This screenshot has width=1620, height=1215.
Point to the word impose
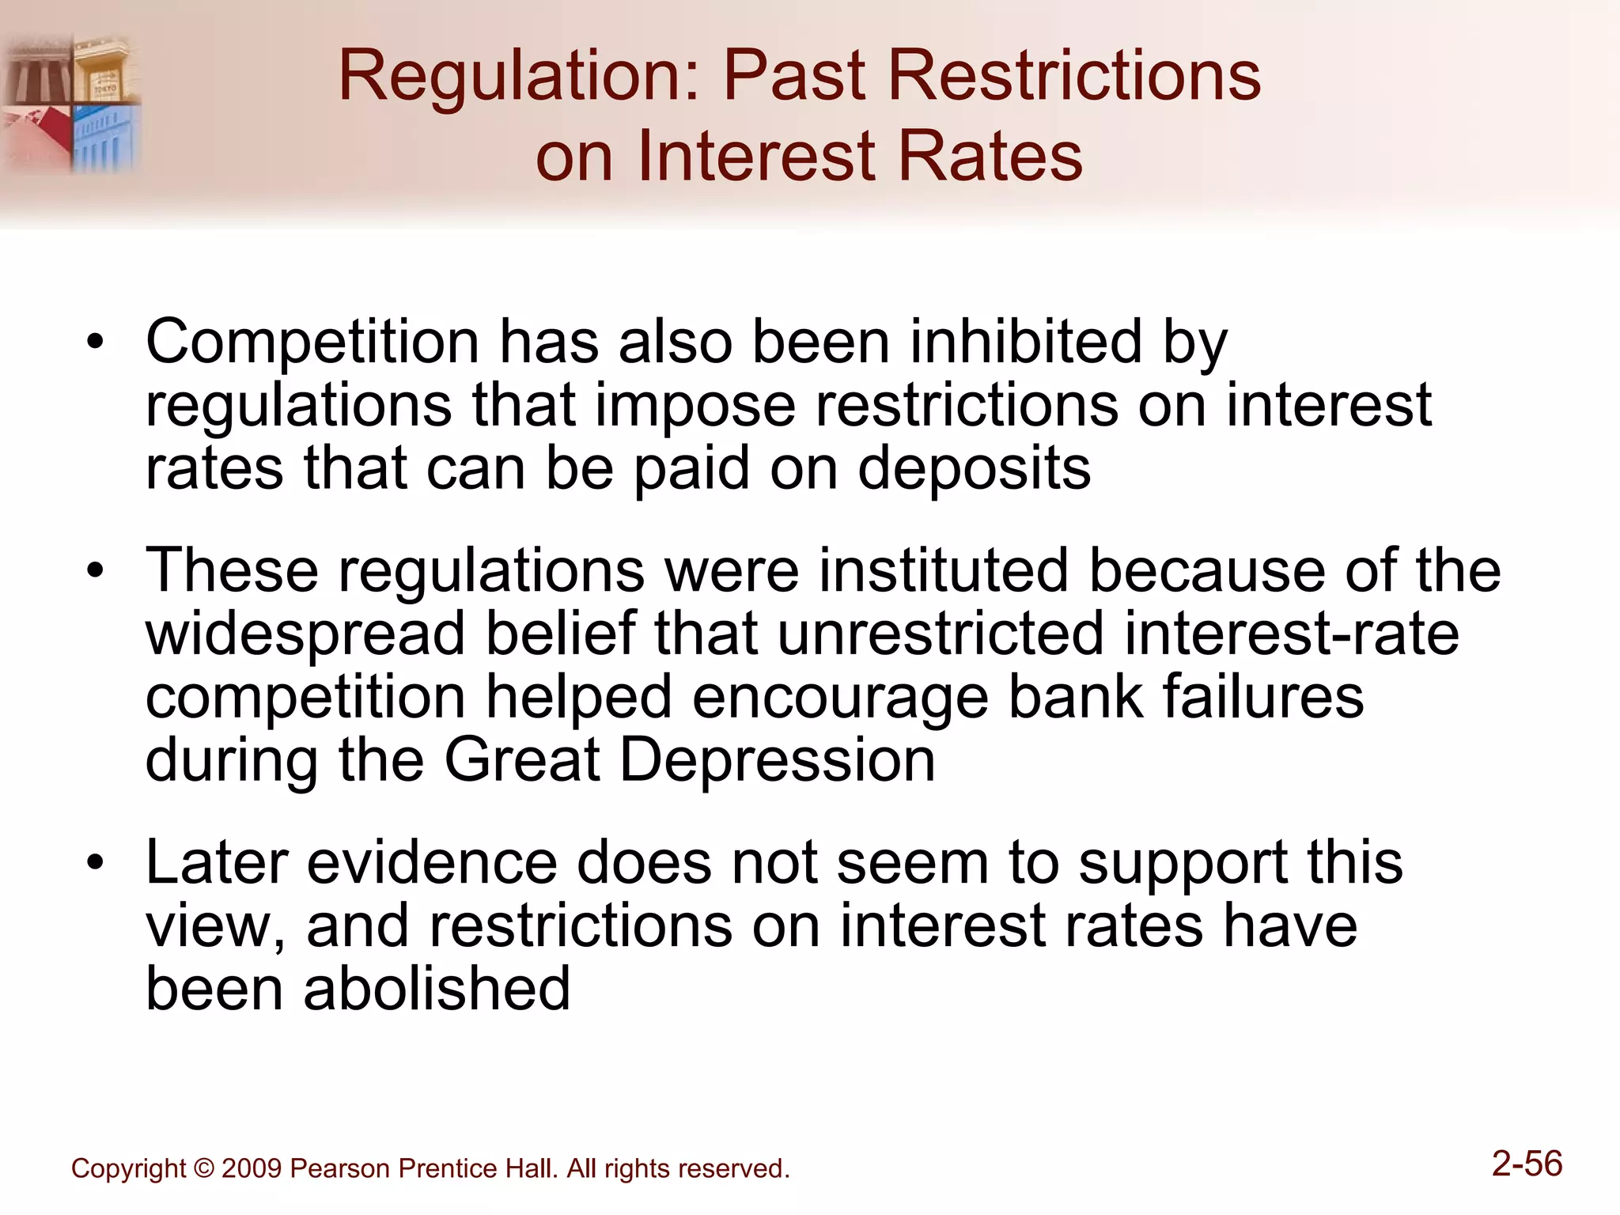click(x=695, y=406)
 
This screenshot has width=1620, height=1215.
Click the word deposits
click(x=974, y=468)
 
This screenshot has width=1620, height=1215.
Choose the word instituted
click(x=944, y=571)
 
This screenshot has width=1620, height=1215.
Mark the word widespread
click(x=305, y=634)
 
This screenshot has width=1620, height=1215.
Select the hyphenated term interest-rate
click(x=1291, y=634)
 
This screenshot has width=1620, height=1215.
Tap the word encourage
click(x=840, y=698)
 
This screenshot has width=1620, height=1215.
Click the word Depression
click(x=777, y=761)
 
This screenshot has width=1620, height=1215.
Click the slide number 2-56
click(x=1527, y=1164)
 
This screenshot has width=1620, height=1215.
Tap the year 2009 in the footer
click(x=252, y=1169)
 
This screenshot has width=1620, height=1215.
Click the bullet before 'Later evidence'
click(x=96, y=863)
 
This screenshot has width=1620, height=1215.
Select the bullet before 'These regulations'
click(x=96, y=571)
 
